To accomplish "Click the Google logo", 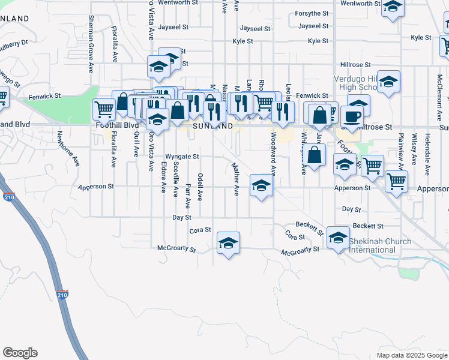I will pos(20,353).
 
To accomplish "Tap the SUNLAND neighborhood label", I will pos(212,127).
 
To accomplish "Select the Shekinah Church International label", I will pos(381,245).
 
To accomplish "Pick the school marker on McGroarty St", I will pos(228,243).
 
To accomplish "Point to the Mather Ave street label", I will pos(236,178).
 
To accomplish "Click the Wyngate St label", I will pos(182,156).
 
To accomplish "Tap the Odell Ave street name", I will pos(200,187).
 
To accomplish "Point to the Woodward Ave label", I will pos(273,154).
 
